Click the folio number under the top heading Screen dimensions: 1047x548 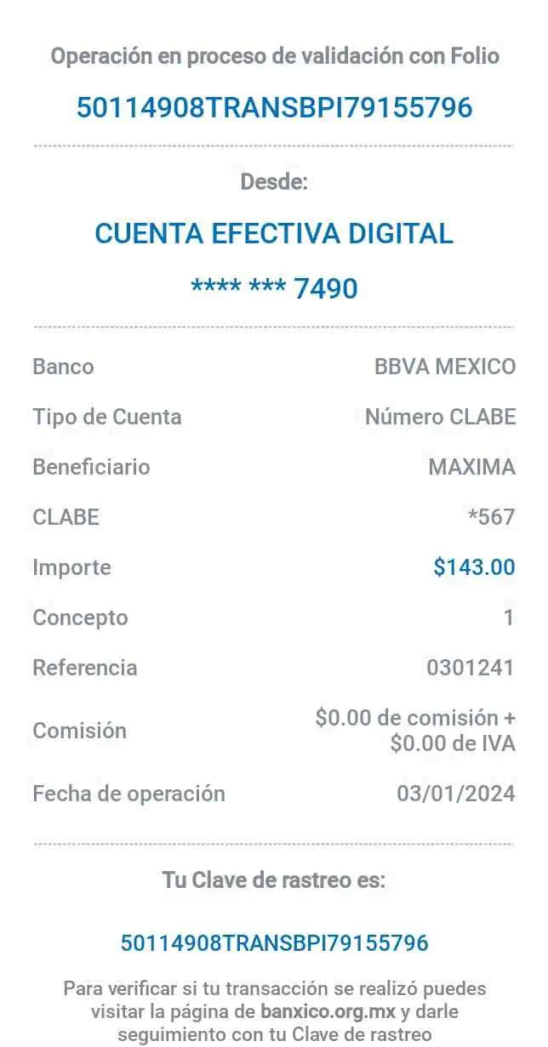coord(274,108)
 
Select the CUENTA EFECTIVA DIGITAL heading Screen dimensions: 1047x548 coord(274,233)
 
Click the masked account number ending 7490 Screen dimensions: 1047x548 coord(274,288)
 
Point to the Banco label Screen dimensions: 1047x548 coord(63,367)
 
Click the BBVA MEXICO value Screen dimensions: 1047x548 coord(445,367)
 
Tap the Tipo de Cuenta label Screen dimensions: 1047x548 coord(107,417)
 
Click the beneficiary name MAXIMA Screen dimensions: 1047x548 coord(471,467)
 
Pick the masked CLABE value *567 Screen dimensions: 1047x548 coord(492,517)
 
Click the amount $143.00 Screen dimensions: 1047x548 coord(474,566)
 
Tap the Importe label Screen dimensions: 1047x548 coord(71,566)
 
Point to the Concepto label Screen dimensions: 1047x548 coord(80,617)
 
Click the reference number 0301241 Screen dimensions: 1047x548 coord(470,667)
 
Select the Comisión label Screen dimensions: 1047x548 coord(79,731)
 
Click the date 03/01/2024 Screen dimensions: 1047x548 coord(456,794)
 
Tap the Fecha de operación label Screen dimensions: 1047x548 coord(128,794)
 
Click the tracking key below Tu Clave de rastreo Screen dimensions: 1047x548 coord(274,942)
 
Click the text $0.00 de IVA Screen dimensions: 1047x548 coord(453,743)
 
